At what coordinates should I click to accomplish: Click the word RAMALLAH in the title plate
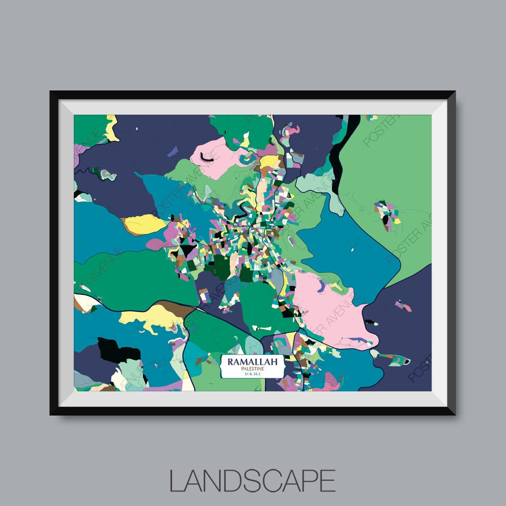pos(252,361)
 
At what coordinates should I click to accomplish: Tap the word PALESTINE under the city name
pos(252,369)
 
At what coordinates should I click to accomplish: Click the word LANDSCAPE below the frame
pos(252,480)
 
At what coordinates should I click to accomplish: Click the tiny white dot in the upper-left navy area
pos(137,129)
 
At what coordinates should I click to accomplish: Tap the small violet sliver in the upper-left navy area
pos(173,152)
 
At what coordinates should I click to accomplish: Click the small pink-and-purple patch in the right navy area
pos(403,306)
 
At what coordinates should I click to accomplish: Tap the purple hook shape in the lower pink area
pos(320,284)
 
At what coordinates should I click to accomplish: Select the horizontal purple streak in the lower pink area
pos(360,340)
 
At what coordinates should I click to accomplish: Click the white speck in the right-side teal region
pos(352,249)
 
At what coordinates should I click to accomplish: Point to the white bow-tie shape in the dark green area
pos(262,329)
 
